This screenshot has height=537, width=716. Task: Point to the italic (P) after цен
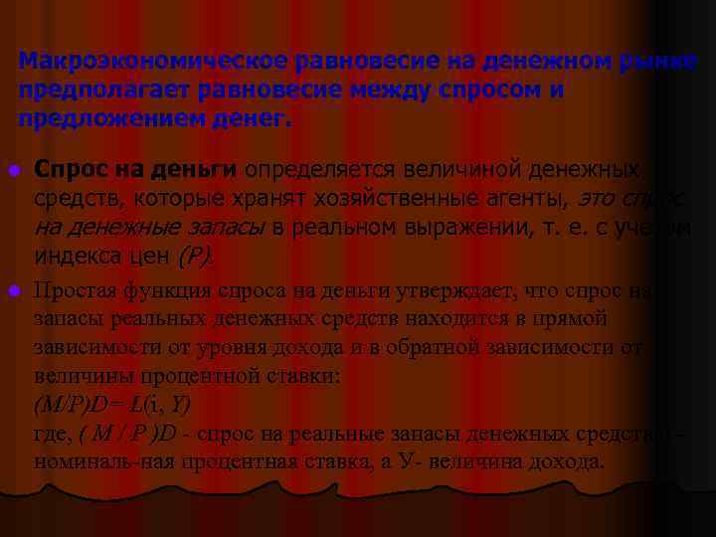click(195, 256)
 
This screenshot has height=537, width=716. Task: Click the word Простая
click(76, 291)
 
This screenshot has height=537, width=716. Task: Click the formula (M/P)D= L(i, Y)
click(112, 406)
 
